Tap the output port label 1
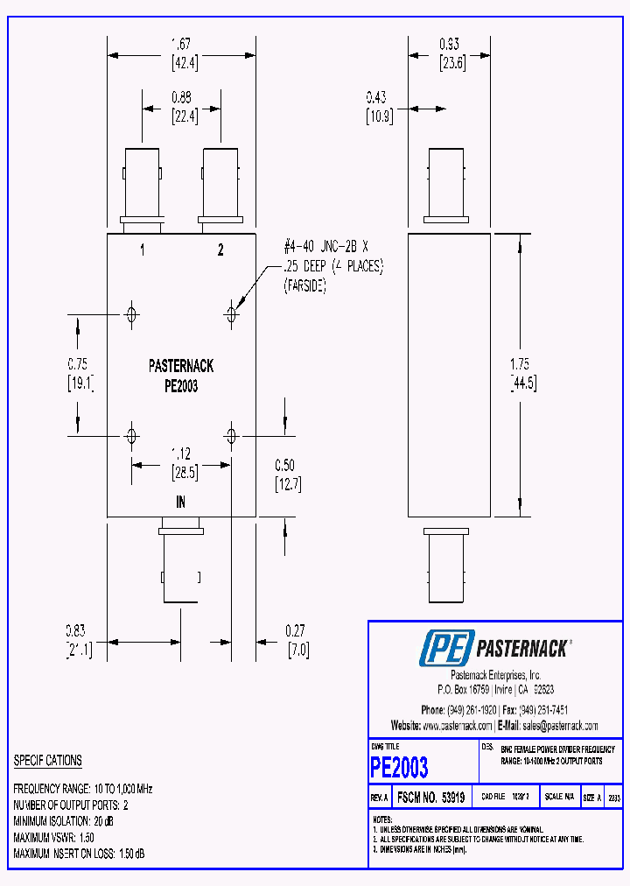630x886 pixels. (x=143, y=250)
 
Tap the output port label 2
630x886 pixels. (x=220, y=250)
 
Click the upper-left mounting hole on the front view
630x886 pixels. (x=131, y=313)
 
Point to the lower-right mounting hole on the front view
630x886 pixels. (x=232, y=435)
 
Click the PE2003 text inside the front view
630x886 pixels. (x=181, y=386)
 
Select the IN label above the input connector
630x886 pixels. (x=181, y=503)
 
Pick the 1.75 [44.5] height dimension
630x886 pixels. (x=523, y=373)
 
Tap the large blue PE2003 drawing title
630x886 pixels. (x=400, y=768)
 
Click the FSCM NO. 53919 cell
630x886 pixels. (x=430, y=798)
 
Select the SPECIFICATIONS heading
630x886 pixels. (x=48, y=761)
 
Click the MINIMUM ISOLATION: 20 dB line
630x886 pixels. (x=64, y=821)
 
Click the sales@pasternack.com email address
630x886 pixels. (x=560, y=726)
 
